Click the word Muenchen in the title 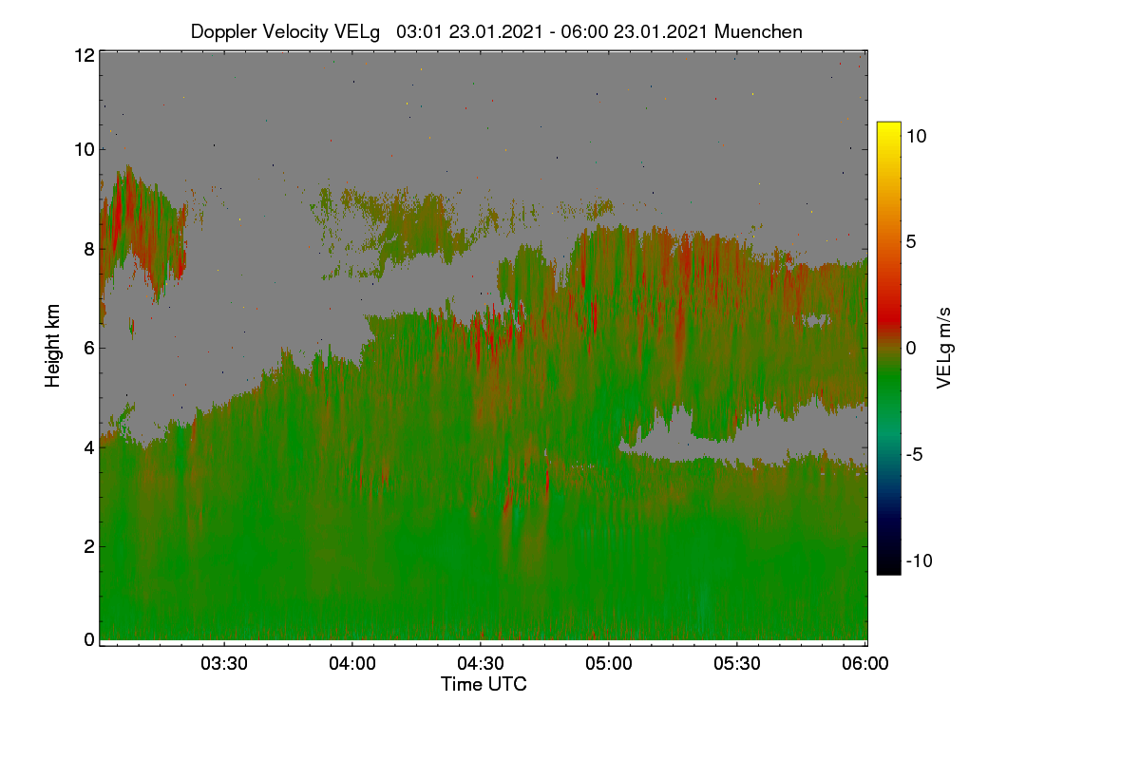coord(758,31)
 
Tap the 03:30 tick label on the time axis coord(224,663)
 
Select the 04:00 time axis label coord(352,663)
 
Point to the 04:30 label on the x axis coord(481,663)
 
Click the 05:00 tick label coord(609,663)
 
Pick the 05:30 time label coord(737,663)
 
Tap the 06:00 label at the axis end coord(865,663)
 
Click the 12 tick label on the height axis coord(85,55)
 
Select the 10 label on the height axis coord(85,150)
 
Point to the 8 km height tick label coord(89,249)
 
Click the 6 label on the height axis coord(89,349)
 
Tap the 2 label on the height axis coord(89,546)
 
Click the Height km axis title coord(52,346)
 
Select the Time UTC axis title coord(484,684)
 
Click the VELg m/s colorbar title coord(943,349)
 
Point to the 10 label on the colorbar coord(916,137)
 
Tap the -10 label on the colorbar coord(920,560)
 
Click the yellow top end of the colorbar coord(888,124)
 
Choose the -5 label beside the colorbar coord(915,454)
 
